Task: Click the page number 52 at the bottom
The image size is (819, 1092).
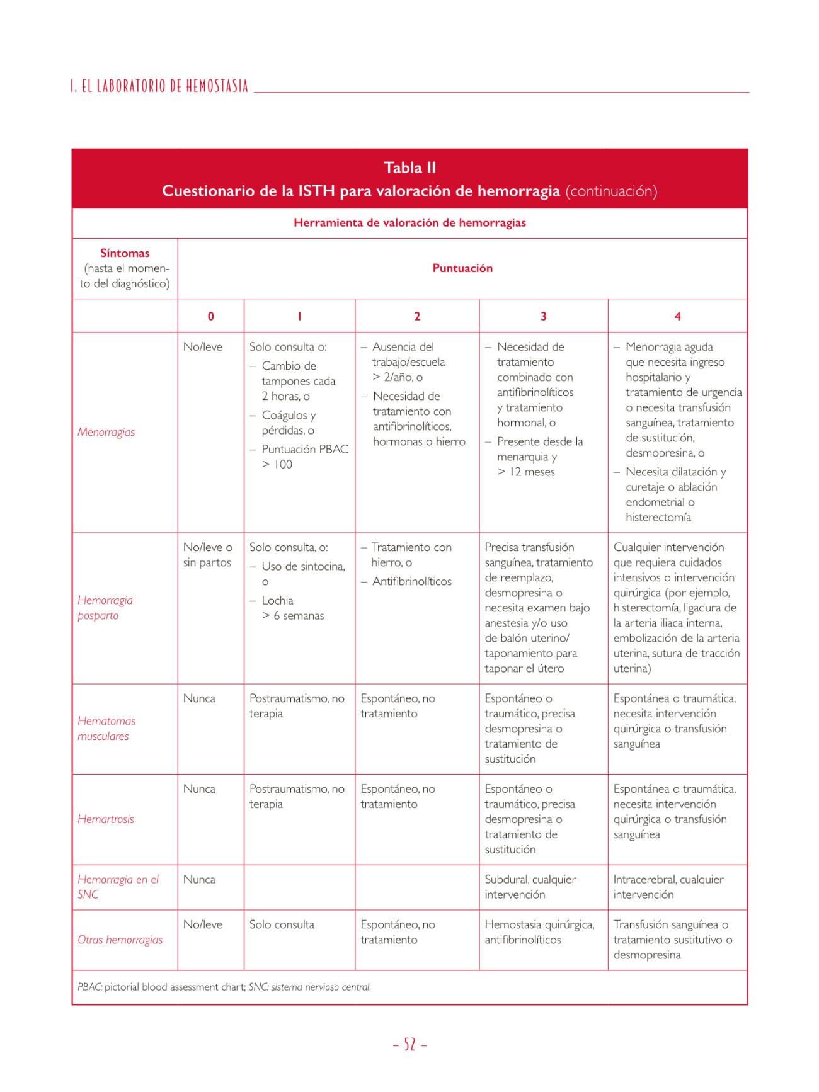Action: tap(409, 1045)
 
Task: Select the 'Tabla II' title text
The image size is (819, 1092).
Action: tap(409, 168)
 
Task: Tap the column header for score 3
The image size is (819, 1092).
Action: tap(543, 316)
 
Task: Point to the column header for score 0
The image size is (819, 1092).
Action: tap(210, 316)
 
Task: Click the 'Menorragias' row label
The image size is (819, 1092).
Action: tap(106, 432)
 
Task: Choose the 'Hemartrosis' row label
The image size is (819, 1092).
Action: tap(106, 819)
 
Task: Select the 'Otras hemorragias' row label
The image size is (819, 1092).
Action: tap(120, 940)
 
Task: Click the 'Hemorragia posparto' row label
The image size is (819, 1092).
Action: tap(105, 608)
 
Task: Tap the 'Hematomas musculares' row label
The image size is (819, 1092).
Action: tap(106, 729)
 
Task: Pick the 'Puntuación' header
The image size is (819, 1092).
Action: tap(462, 268)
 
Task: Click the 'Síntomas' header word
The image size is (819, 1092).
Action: tap(125, 253)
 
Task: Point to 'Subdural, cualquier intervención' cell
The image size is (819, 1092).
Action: tap(530, 887)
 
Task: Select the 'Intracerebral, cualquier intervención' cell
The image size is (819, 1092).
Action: tap(668, 887)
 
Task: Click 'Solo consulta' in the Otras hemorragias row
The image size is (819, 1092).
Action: tap(282, 924)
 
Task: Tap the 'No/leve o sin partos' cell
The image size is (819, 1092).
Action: tap(208, 555)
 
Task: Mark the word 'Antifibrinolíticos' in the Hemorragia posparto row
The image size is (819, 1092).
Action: tap(412, 581)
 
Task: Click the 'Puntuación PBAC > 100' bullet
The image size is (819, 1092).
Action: tap(304, 457)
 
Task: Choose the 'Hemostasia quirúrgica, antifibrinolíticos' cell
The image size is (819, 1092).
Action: tap(539, 932)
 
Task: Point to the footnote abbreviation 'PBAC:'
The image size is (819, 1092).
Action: tap(90, 987)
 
